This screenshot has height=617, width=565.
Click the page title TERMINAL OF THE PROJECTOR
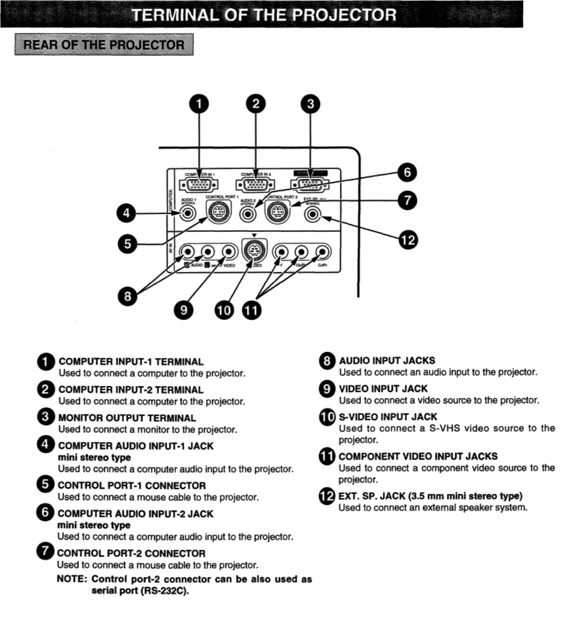pyautogui.click(x=264, y=15)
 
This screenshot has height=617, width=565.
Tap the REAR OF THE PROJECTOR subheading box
pyautogui.click(x=104, y=45)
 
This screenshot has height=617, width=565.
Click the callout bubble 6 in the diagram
pyautogui.click(x=407, y=173)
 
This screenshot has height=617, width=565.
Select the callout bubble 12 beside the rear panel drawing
pyautogui.click(x=408, y=240)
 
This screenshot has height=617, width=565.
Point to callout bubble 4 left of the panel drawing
pyautogui.click(x=126, y=213)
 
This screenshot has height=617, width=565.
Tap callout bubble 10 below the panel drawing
pyautogui.click(x=224, y=310)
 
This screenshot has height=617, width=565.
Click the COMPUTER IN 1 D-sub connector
pyautogui.click(x=199, y=185)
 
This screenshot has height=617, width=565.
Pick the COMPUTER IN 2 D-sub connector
pyautogui.click(x=255, y=185)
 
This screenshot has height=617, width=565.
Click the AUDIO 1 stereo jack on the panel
pyautogui.click(x=188, y=213)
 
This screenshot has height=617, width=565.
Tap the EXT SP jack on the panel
pyautogui.click(x=313, y=213)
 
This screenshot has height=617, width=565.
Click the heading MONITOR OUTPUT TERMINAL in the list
pyautogui.click(x=127, y=418)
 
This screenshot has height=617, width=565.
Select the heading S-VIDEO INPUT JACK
pyautogui.click(x=388, y=417)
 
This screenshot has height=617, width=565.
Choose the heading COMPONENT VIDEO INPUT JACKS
pyautogui.click(x=418, y=456)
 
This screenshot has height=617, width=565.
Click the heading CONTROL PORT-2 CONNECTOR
pyautogui.click(x=131, y=553)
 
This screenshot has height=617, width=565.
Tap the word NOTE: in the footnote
pyautogui.click(x=72, y=579)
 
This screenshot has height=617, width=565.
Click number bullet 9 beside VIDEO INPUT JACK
pyautogui.click(x=327, y=389)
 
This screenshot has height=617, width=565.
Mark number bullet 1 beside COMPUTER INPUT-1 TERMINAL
pyautogui.click(x=46, y=362)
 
